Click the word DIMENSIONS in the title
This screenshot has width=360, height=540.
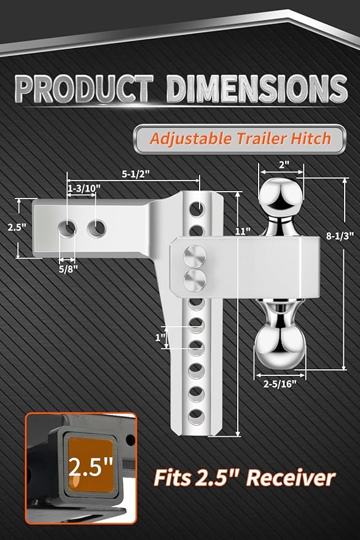pos(257,89)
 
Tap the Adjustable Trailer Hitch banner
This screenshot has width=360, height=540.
pos(240,138)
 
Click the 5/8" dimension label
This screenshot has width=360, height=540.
pos(68,267)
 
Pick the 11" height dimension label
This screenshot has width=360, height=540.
pos(243,231)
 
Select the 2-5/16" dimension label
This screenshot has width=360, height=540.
pos(280,383)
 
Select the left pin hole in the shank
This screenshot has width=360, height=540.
pos(66,229)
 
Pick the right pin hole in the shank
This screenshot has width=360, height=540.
pos(96,229)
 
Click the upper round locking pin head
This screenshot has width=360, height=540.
pos(197,254)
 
